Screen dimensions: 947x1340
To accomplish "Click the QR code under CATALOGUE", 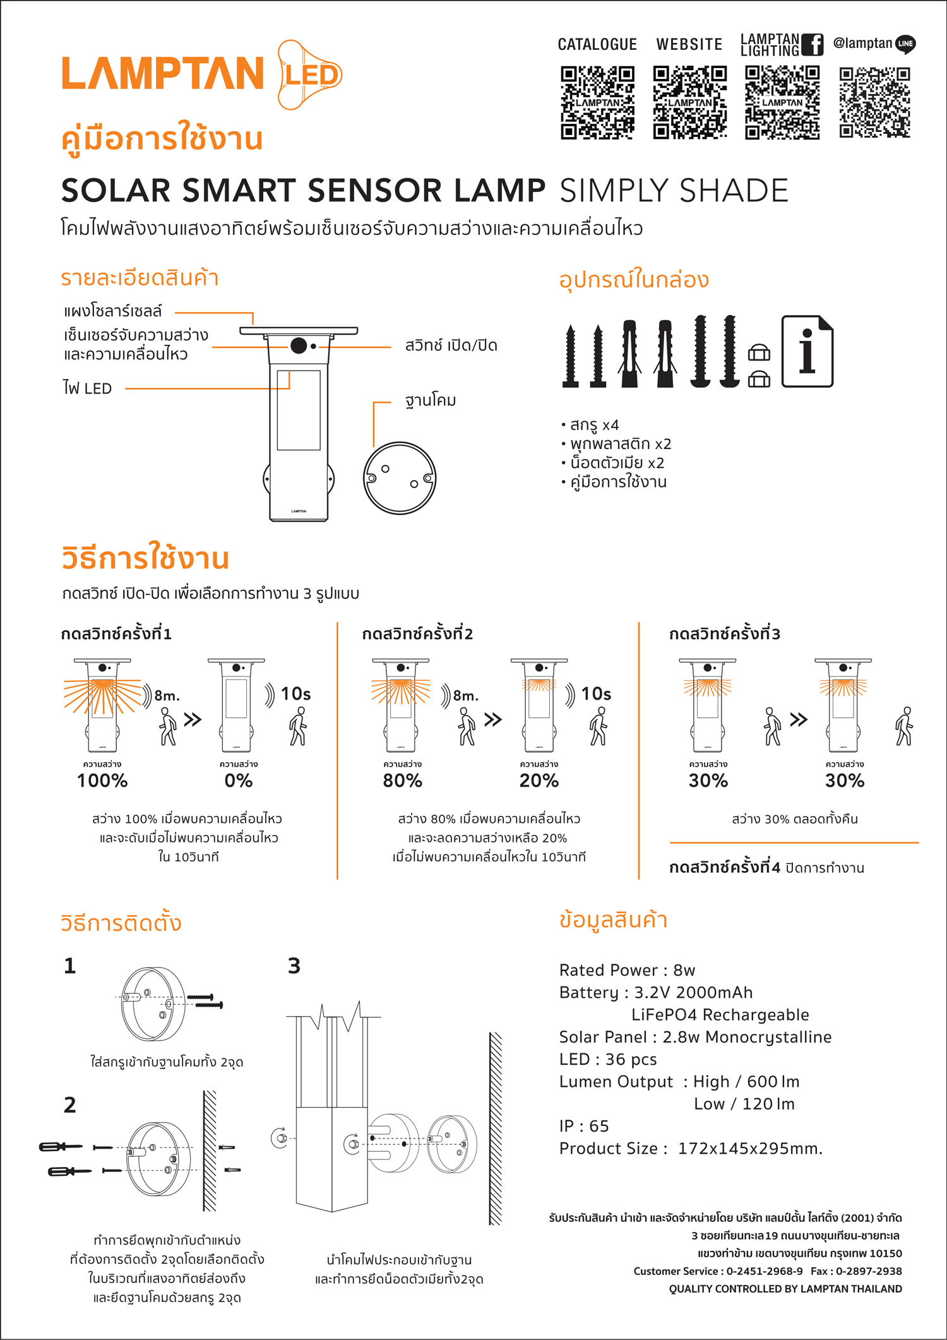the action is (x=597, y=102).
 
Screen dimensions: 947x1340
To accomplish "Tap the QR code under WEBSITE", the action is (x=689, y=102).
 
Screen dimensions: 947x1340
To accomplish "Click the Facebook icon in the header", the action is (x=813, y=45).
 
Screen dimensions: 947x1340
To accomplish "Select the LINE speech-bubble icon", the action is (x=905, y=44).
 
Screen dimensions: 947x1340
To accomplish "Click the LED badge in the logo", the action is (x=309, y=75).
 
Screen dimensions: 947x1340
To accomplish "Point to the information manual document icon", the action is (x=807, y=351).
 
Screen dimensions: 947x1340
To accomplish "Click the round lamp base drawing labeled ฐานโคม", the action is (x=400, y=478).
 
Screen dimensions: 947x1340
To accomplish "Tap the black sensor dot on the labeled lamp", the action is (x=299, y=345).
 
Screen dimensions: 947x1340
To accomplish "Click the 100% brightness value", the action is (x=102, y=781).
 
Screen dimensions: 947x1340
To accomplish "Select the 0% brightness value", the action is (x=239, y=781).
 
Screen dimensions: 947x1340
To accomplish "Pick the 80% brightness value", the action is (x=402, y=781).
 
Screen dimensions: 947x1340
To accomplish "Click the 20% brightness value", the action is (x=539, y=781).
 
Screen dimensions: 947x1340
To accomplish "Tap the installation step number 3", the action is (x=294, y=966).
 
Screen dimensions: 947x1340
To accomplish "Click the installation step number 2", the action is (x=70, y=1105).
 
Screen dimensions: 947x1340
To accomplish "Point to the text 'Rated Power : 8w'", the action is (x=627, y=970).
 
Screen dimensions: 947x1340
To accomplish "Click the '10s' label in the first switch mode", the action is (x=295, y=694).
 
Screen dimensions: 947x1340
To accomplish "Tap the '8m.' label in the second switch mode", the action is (x=466, y=696).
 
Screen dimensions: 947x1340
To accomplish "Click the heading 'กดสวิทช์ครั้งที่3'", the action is (x=725, y=633).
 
